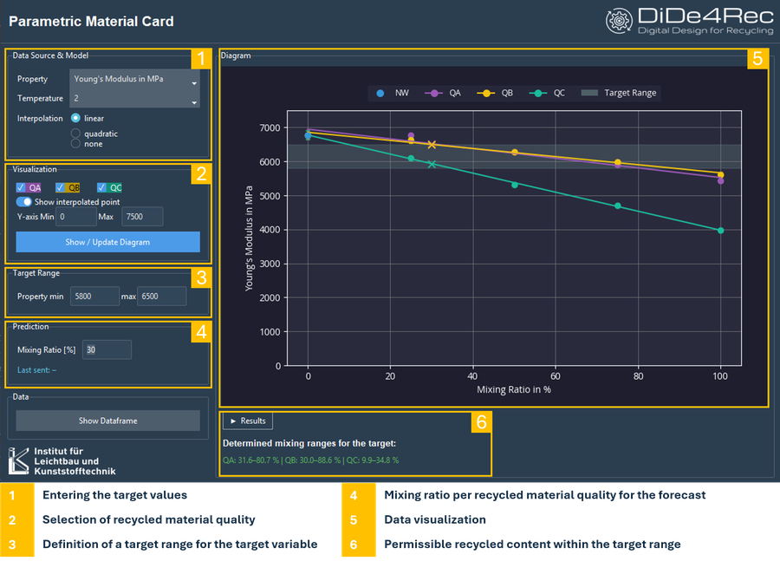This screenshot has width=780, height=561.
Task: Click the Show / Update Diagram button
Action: coord(108,242)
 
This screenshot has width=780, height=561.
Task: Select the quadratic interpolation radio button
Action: coord(75,134)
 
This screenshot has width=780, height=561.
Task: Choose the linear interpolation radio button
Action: coord(75,118)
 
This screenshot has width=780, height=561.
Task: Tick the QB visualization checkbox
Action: coord(60,187)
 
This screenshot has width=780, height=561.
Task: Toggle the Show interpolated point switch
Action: coord(24,202)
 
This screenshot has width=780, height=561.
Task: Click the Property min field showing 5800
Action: coord(94,297)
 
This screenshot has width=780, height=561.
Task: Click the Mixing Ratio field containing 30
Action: coord(107,350)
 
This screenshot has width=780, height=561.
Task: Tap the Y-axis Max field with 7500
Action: coord(142,217)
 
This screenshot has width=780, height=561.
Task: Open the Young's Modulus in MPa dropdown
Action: coord(134,79)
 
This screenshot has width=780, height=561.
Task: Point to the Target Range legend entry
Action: coord(619,93)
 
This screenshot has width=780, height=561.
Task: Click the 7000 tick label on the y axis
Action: coord(270,128)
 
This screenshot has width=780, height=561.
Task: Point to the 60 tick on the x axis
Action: coord(556,376)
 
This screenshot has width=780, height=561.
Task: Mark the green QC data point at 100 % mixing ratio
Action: coord(720,231)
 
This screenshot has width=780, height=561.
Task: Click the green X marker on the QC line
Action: coord(432,164)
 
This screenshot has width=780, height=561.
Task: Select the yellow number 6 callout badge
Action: coord(481,422)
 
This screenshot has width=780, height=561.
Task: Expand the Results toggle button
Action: coord(248,421)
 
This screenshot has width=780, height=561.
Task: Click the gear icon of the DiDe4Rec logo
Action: coord(618,21)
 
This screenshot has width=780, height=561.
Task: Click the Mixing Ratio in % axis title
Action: coord(514,390)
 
